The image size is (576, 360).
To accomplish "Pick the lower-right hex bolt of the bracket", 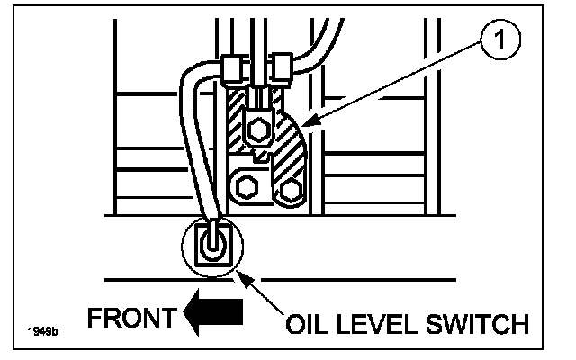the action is click(290, 188).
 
